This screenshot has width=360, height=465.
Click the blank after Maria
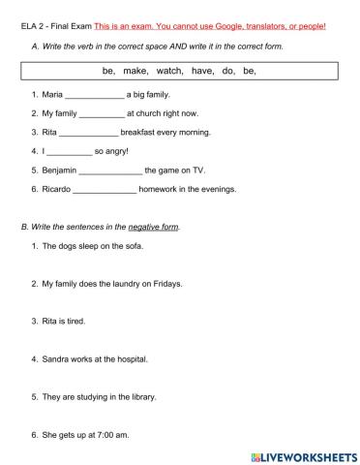[95, 96]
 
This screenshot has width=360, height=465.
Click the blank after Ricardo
[105, 189]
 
